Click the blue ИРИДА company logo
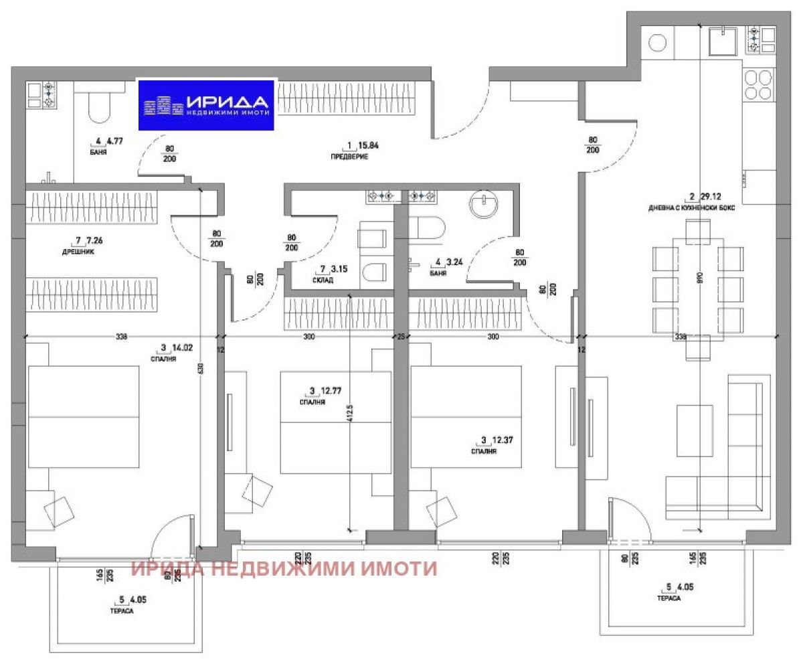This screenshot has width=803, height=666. tap(207, 104)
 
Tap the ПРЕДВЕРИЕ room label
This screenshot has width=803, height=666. tap(349, 157)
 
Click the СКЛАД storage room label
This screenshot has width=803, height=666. tap(323, 281)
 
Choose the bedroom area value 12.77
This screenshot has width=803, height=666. tap(324, 390)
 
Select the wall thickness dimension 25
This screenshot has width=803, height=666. tap(401, 337)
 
